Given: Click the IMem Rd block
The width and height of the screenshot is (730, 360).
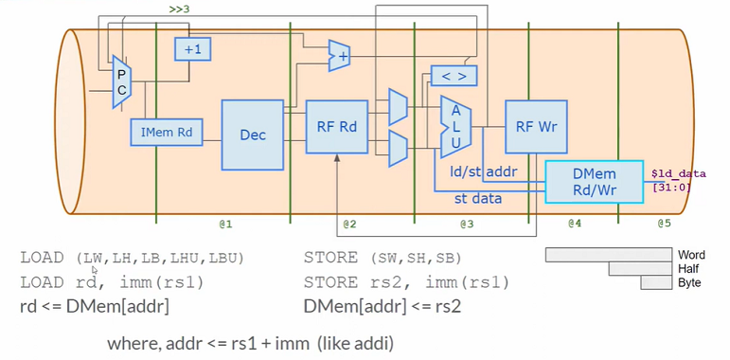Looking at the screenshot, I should point(166,133).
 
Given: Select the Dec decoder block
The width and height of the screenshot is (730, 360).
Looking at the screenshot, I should point(252,135).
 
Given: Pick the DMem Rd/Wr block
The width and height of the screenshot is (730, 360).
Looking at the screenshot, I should point(593,182).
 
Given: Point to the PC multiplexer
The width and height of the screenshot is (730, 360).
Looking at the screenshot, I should point(122,81).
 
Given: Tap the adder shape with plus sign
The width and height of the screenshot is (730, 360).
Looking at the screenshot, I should point(339,56).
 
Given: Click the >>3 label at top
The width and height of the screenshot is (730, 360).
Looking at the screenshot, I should point(179,9).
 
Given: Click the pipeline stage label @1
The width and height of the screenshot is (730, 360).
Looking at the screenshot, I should point(226,224).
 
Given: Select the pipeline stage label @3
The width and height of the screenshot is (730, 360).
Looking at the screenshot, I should point(467,224).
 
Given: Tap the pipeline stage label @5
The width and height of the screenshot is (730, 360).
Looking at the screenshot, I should point(664,224).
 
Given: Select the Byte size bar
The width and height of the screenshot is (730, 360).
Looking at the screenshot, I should point(656,282).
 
